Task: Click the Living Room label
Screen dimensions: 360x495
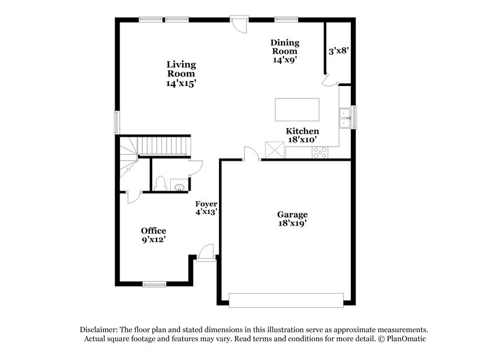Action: [x=181, y=74]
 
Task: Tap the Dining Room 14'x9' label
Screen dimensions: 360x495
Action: [x=285, y=51]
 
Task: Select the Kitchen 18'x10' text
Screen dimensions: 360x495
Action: [x=302, y=135]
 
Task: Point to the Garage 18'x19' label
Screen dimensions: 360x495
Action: [x=292, y=220]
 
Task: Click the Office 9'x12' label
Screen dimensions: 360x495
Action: [x=153, y=236]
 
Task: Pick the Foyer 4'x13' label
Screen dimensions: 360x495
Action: [x=206, y=208]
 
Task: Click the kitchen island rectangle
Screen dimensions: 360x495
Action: [x=298, y=109]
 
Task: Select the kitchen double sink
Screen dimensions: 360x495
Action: [x=343, y=118]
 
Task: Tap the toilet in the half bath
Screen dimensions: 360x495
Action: [x=160, y=183]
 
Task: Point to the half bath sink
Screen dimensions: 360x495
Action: [x=179, y=186]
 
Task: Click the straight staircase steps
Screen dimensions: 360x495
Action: [x=163, y=146]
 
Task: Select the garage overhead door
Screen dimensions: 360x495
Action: [x=286, y=299]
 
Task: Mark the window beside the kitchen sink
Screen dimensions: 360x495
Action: [x=354, y=116]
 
